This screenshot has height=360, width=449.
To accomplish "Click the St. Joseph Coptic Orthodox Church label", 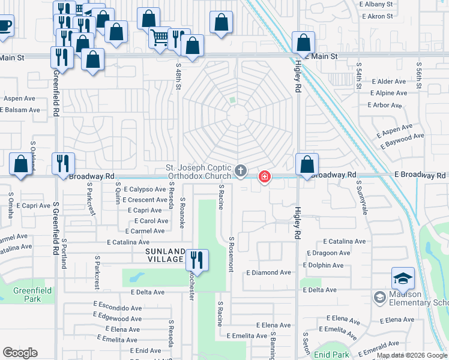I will point(199,172).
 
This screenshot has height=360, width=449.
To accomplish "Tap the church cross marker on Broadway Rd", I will point(240,172).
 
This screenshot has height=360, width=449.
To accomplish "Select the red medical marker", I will point(264,176).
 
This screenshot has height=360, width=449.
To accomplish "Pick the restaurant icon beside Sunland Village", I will point(197,260).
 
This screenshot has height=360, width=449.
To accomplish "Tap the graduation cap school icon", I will point(403,278).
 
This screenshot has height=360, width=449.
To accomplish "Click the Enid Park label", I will point(331,355).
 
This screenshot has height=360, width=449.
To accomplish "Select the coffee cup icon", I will point(4,26).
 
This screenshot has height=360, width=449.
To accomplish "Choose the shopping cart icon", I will point(160,38).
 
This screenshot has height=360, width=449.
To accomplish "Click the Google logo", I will point(20,353).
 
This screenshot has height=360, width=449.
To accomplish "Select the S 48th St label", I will point(178,78).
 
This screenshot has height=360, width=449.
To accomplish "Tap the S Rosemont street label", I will point(231,254).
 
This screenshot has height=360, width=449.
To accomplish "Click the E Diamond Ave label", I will point(268,272).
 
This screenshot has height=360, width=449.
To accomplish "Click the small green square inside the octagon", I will point(232,100).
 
